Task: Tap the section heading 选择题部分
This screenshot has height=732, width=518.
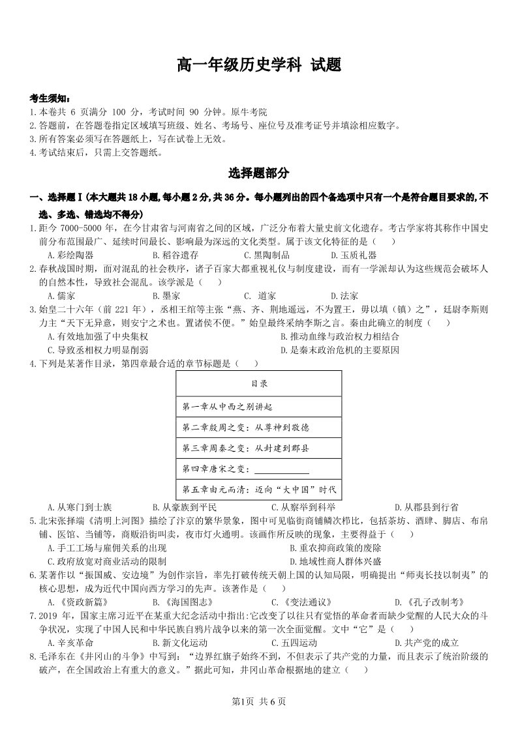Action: point(259,173)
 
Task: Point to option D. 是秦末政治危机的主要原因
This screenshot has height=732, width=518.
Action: point(339,350)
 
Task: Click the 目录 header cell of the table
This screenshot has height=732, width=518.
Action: point(259,384)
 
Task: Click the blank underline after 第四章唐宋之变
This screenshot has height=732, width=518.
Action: point(281,469)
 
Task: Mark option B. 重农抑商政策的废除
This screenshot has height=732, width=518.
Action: point(336,548)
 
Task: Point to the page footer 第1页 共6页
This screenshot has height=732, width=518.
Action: point(259,701)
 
